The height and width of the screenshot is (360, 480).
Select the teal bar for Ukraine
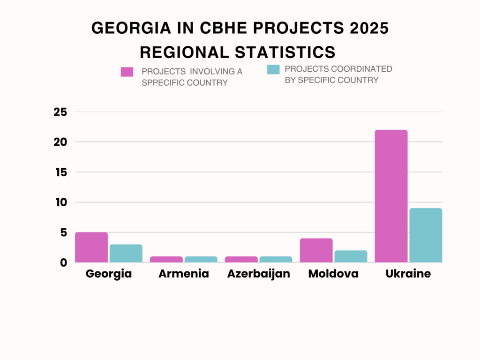(x=426, y=235)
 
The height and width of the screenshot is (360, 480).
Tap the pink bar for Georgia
(x=91, y=247)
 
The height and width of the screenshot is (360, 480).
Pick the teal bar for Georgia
(x=126, y=253)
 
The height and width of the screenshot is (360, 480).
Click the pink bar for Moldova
(x=316, y=250)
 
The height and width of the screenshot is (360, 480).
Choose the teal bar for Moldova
(x=351, y=256)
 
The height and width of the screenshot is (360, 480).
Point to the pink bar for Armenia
(x=166, y=259)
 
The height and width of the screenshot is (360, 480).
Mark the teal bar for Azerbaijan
(x=276, y=259)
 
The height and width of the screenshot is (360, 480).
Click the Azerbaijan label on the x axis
(x=259, y=274)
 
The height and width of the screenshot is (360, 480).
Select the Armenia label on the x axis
(x=184, y=274)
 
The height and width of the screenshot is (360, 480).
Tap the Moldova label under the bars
(x=333, y=274)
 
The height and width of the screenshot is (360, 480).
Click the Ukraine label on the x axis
(x=408, y=274)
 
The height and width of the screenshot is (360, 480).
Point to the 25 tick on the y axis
(x=60, y=112)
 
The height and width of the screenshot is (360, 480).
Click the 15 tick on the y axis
(x=60, y=172)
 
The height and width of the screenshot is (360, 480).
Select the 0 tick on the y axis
(x=64, y=262)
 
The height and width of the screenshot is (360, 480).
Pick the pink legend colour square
(x=127, y=72)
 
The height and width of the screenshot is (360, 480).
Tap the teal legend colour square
(x=273, y=69)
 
